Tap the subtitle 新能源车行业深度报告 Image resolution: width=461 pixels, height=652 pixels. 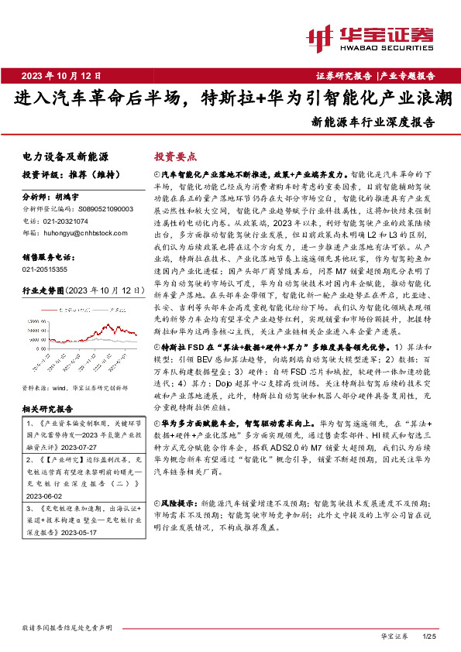tap(373, 122)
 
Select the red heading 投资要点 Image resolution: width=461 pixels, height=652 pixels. tap(176, 156)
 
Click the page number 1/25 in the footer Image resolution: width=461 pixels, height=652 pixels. tap(431, 637)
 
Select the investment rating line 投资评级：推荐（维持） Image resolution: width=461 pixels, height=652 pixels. tap(66, 176)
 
